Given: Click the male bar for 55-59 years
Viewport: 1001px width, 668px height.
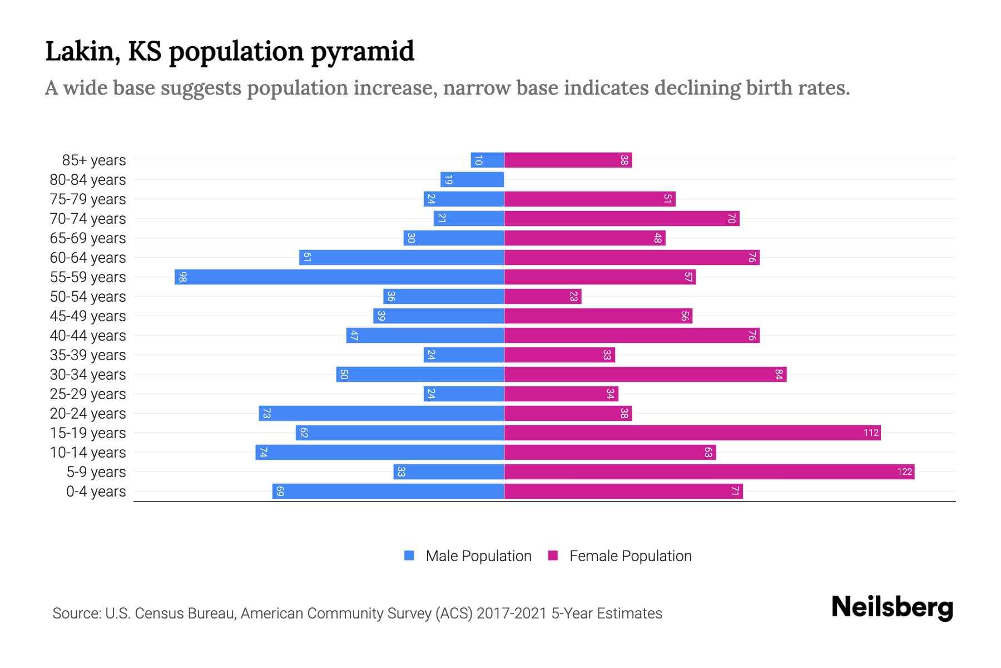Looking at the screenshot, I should click(339, 277).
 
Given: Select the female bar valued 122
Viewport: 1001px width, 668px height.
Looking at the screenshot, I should click(709, 471).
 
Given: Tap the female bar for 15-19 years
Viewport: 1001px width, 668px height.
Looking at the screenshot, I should click(692, 433).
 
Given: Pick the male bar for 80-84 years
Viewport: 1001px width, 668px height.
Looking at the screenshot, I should click(472, 179).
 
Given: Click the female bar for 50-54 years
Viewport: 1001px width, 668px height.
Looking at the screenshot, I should click(543, 296).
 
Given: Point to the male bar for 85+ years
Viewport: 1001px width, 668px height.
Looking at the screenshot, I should click(487, 160).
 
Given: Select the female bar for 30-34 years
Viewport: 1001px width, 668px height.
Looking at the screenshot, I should click(645, 374).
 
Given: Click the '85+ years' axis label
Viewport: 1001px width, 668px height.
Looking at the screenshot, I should click(94, 160).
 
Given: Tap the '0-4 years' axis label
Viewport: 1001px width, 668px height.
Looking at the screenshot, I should click(96, 492).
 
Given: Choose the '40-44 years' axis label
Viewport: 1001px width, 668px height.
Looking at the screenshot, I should click(88, 336).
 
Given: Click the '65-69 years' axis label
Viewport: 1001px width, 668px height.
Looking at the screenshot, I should click(88, 238).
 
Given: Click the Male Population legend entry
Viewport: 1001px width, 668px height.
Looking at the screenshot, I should click(467, 556).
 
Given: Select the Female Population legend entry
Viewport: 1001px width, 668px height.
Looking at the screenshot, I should click(620, 556).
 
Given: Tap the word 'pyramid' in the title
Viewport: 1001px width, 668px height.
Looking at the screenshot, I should click(362, 52).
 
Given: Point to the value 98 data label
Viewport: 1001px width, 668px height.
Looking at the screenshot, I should click(182, 277).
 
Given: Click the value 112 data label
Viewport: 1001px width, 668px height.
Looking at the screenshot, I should click(871, 433).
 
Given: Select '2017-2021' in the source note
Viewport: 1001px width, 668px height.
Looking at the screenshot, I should click(512, 613).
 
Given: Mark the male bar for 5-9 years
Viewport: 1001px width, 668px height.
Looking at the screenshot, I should click(449, 471).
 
